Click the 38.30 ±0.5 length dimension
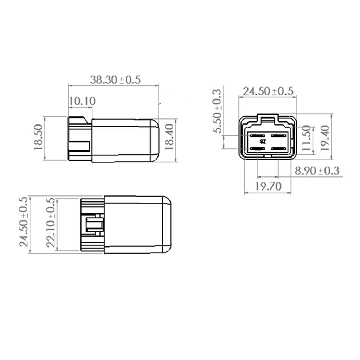(x=115, y=79)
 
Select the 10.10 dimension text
(x=82, y=101)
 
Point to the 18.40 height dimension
(x=169, y=138)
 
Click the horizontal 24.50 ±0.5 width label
(x=269, y=91)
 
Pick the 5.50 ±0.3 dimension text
(x=217, y=111)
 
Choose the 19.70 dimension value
(x=268, y=186)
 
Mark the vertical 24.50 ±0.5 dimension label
(x=24, y=222)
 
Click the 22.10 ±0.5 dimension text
(x=51, y=223)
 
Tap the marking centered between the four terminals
(x=263, y=142)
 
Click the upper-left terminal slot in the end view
(x=257, y=135)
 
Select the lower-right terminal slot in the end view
(x=279, y=149)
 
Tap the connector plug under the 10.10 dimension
(x=79, y=139)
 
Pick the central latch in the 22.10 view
(x=94, y=225)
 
